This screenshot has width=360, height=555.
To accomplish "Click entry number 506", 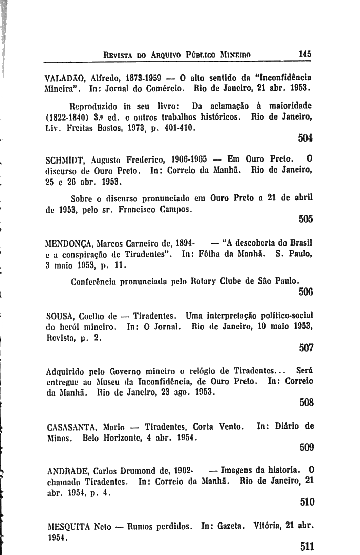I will point(306,292).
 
